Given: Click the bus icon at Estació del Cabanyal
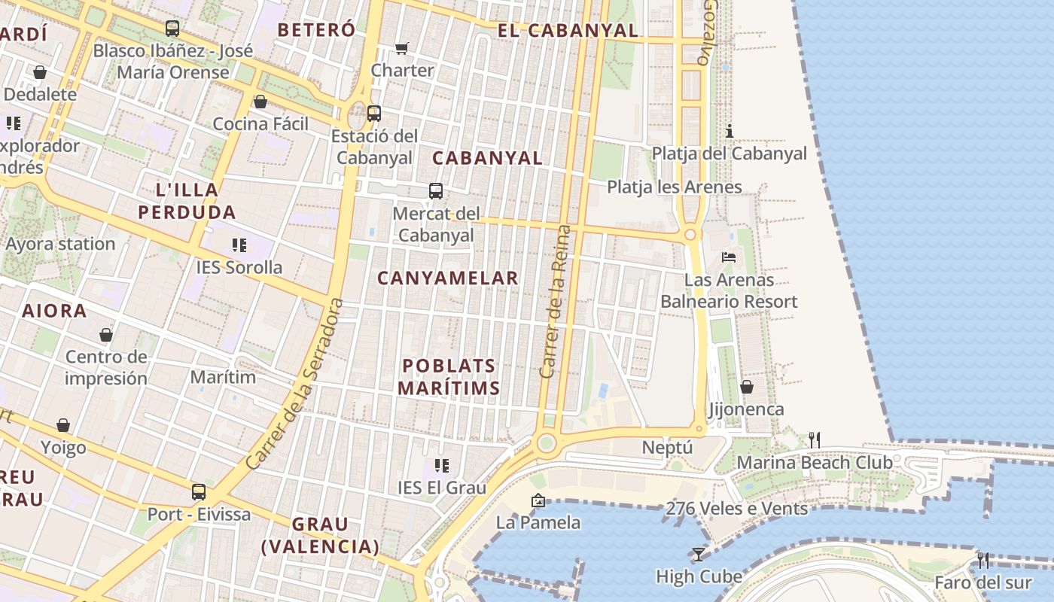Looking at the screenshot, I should (373, 114).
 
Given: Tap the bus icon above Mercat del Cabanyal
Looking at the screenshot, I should (436, 190).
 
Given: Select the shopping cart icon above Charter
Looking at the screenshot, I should (402, 48).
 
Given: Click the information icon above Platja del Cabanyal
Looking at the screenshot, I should (729, 131).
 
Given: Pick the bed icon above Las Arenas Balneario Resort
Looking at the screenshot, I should (729, 257).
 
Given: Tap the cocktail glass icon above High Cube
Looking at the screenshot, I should (699, 555).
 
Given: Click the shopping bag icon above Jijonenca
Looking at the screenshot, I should (746, 387).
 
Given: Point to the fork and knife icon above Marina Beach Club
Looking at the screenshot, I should (814, 439).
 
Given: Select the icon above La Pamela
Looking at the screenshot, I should (538, 500).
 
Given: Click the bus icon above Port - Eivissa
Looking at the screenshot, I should (199, 491).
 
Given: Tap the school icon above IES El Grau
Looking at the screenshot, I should (442, 466).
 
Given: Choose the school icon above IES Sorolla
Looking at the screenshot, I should (239, 245).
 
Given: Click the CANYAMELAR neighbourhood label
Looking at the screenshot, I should (448, 278).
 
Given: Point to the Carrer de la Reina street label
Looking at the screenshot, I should (556, 301).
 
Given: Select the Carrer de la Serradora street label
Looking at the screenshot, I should (295, 384).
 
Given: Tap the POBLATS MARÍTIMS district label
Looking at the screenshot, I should (449, 377).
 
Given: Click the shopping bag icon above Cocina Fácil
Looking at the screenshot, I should (260, 102).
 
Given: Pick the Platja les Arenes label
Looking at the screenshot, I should (675, 187).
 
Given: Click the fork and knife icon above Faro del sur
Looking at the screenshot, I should (982, 560).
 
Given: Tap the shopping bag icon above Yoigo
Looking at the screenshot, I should (63, 426).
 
